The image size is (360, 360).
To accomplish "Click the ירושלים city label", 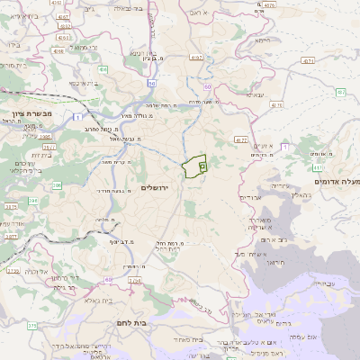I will (155, 187).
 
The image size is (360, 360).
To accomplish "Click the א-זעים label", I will (262, 146).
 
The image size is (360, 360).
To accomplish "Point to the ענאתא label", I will (258, 95).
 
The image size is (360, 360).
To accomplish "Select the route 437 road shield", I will (340, 92).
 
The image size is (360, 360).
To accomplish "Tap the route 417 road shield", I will (317, 167).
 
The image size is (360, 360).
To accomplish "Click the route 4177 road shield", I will (240, 140).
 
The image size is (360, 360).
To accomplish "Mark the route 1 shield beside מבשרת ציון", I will (78, 117).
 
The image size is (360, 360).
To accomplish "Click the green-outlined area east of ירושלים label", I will (195, 167).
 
